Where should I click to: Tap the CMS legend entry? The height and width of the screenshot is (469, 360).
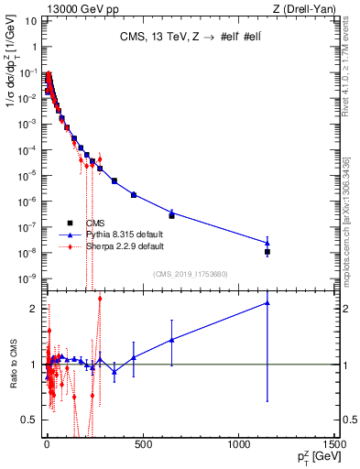point(96,223)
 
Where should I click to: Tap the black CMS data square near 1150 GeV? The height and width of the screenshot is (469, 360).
point(267,252)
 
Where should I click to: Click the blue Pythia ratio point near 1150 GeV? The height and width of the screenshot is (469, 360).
point(267,302)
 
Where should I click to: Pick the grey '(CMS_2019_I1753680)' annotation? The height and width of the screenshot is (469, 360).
point(190,272)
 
